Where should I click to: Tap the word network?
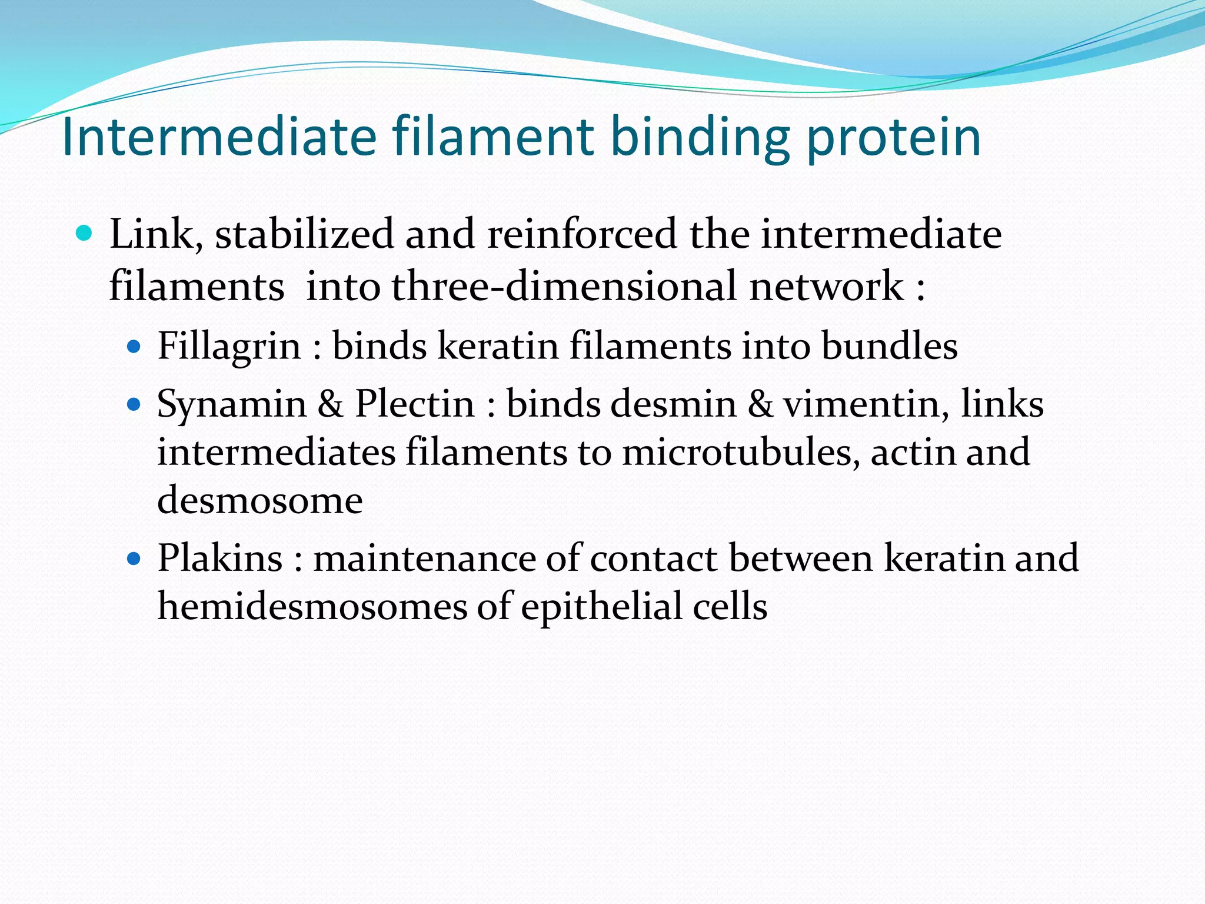tap(826, 287)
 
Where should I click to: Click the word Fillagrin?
tap(229, 347)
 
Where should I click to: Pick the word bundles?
tap(889, 345)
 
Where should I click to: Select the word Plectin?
tap(414, 404)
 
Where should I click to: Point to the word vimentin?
tap(866, 405)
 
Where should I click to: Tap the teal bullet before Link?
tap(85, 234)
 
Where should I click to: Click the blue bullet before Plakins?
tap(134, 558)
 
